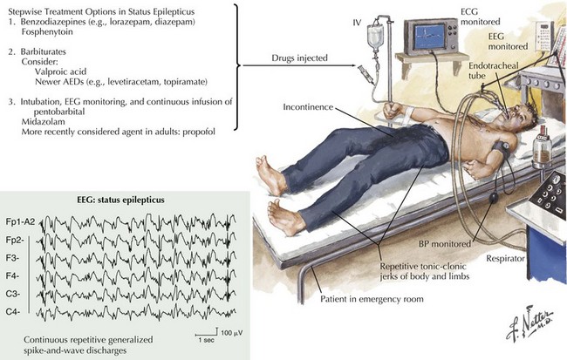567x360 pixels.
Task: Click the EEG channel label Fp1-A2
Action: (x=17, y=222)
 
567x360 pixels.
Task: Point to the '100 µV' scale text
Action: (x=229, y=335)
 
